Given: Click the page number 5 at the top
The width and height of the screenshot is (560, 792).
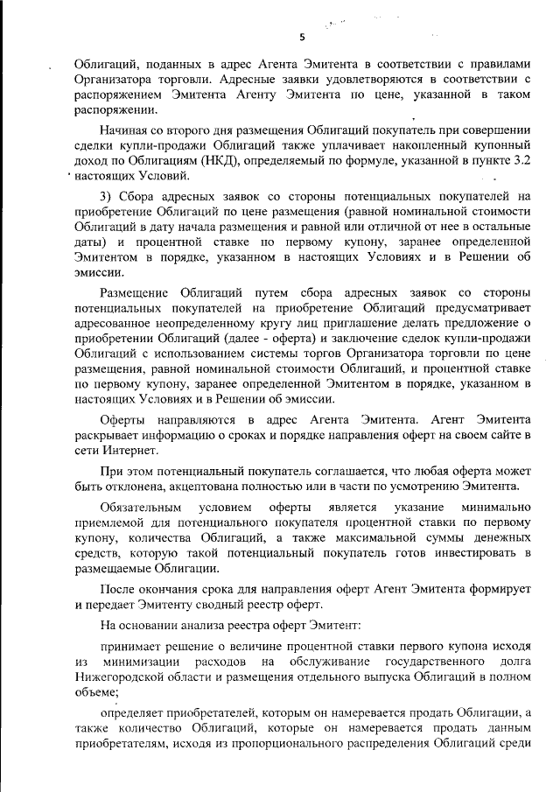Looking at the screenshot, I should (x=301, y=37).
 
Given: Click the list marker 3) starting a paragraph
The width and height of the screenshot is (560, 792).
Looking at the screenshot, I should (x=107, y=196).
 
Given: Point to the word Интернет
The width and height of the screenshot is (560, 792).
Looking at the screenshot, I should (x=126, y=450).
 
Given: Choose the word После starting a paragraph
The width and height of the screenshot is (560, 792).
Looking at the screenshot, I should (x=117, y=588).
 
